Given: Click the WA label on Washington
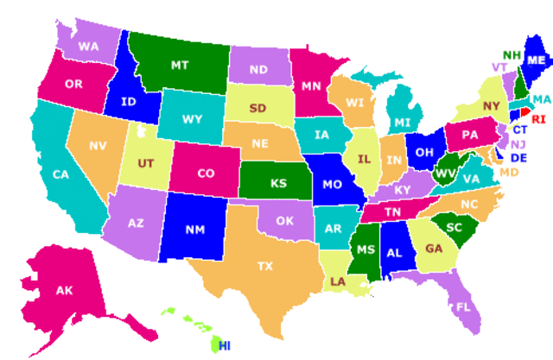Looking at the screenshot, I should tap(87, 46).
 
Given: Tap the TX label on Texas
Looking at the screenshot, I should tap(264, 267).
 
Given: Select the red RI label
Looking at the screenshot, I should tap(538, 119).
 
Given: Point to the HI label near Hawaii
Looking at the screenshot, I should tap(225, 345).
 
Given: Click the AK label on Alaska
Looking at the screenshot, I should tap(65, 290).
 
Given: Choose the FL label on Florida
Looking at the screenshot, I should tap(463, 306).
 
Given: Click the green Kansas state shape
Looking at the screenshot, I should tap(278, 183).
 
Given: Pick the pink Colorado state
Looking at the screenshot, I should tap(205, 173).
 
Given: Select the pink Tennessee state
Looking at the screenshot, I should tap(392, 212).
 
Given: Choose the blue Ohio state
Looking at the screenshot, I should tap(423, 151).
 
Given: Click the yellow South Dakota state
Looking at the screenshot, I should tap(257, 109).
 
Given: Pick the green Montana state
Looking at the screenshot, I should tap(180, 65).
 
